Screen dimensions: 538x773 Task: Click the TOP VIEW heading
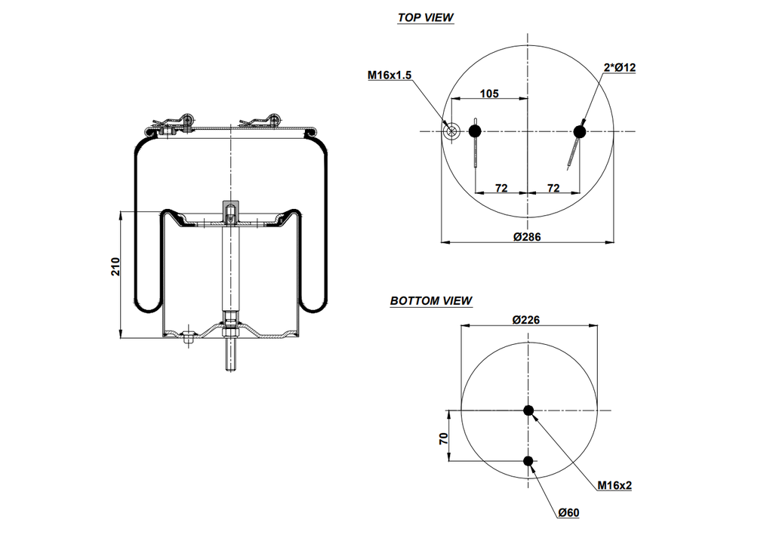(426, 17)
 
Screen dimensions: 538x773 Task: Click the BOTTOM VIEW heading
(431, 301)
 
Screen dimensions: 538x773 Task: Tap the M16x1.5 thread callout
(390, 75)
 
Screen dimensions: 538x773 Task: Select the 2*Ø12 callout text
(619, 68)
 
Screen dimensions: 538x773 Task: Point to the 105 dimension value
(489, 94)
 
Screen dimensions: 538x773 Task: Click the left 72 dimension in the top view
(501, 188)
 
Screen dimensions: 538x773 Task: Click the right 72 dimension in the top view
(553, 188)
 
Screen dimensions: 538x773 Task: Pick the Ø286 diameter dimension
(527, 236)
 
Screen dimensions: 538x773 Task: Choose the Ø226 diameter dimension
(525, 320)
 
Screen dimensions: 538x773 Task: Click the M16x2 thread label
(614, 485)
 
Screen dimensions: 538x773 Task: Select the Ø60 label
(568, 513)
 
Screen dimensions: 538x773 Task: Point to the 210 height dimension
(115, 266)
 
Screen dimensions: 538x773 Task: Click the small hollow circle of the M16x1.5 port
(451, 132)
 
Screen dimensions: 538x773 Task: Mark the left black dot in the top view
(475, 132)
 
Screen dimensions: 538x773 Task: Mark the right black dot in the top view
(580, 132)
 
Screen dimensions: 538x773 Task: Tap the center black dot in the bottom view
(528, 410)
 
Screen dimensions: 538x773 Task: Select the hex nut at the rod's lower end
(229, 330)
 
